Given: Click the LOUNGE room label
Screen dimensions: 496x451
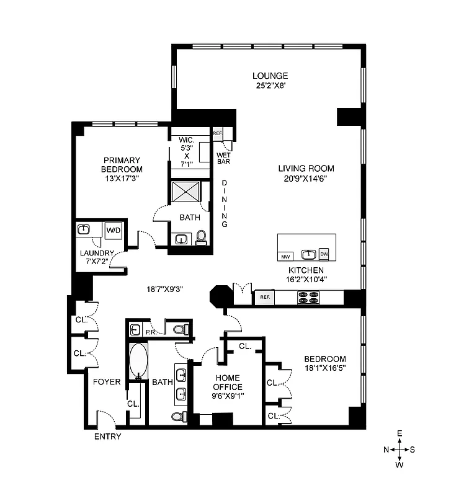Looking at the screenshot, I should (269, 76).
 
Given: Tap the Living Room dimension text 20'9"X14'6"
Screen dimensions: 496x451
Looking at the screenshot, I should (306, 179).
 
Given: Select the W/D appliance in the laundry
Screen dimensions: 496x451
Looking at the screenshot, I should (114, 231).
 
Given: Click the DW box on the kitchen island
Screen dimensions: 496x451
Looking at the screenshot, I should (324, 254).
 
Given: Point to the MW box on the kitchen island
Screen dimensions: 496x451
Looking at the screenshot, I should (286, 255).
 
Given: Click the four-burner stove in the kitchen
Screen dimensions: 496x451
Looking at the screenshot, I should (308, 298).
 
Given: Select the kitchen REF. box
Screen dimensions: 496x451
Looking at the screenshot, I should (265, 298).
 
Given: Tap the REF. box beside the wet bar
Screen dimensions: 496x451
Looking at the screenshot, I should (218, 133).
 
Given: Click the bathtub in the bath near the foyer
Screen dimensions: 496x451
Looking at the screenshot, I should (138, 360).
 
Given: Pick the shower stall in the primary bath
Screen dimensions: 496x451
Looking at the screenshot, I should (189, 193).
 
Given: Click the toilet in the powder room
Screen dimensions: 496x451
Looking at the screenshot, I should (179, 329).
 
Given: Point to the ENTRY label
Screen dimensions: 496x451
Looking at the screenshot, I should (107, 436).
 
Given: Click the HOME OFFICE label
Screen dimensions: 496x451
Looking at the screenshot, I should (228, 383).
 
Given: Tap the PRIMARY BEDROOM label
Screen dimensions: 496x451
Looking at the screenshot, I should (123, 164).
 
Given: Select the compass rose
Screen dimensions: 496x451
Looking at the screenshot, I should (400, 448).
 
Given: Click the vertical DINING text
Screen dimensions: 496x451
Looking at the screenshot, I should (225, 203).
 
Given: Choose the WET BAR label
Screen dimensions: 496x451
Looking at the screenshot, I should (223, 158).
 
